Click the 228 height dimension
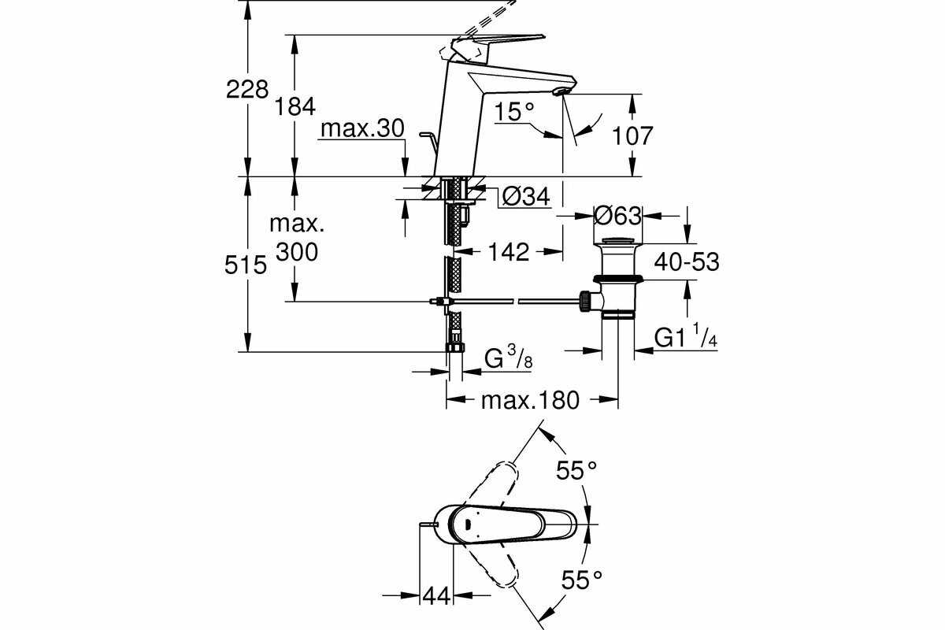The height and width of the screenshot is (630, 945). (x=247, y=89)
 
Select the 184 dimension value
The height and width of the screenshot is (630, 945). (x=296, y=106)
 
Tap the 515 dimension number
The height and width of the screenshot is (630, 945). (x=246, y=265)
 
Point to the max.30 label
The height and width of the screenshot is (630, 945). (x=362, y=128)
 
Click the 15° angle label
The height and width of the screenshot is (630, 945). (x=514, y=113)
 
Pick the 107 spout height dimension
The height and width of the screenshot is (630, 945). (x=632, y=135)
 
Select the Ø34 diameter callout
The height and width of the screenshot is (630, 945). (x=525, y=197)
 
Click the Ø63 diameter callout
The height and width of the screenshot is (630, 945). (x=619, y=214)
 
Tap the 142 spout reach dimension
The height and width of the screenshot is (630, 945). (x=509, y=252)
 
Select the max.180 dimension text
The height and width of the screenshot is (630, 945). (x=530, y=400)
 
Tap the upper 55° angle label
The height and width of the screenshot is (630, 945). (x=577, y=471)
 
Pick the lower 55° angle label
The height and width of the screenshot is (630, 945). (x=581, y=580)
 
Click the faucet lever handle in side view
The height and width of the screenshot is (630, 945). (x=504, y=39)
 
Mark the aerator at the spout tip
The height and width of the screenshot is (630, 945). (x=560, y=92)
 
